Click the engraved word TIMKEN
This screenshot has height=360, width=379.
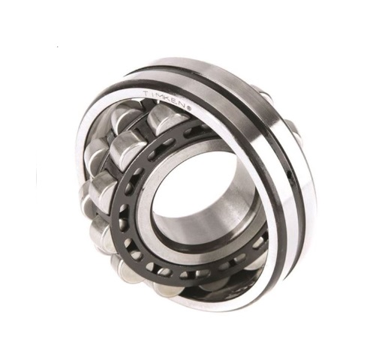point(167,100)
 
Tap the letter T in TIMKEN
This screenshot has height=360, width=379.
point(146,94)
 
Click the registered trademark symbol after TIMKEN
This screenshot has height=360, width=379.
point(189,108)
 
